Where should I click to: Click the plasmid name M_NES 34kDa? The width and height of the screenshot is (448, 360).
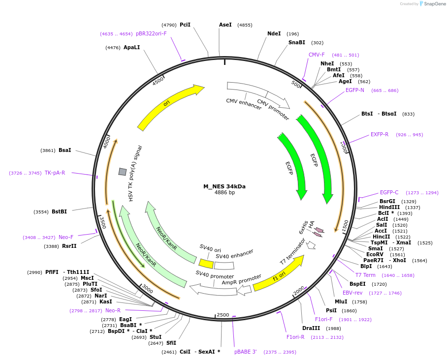[x=224, y=186]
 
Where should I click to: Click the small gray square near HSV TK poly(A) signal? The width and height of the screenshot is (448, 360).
[x=123, y=171]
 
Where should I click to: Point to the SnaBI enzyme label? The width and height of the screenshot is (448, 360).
[x=297, y=42]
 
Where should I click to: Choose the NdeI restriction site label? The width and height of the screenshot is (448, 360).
[x=274, y=33]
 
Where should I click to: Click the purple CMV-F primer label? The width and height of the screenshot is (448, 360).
[x=317, y=55]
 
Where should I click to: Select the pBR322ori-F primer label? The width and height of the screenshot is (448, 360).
[x=151, y=33]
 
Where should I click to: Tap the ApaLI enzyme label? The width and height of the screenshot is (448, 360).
[x=131, y=47]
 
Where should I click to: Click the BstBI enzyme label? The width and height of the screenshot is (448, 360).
[x=59, y=211]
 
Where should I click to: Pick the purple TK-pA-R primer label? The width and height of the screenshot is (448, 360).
[x=55, y=173]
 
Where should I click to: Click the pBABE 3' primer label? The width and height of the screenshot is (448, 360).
[x=245, y=352]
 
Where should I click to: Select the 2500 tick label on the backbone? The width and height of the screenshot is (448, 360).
[x=223, y=315]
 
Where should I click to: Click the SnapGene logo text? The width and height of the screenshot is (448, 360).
[x=435, y=4]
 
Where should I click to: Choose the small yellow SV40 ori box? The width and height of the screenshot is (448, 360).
[x=206, y=264]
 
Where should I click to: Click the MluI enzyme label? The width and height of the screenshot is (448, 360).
[x=341, y=301]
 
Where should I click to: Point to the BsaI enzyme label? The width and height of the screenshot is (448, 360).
[x=64, y=150]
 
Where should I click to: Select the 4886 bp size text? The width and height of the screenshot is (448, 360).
[x=224, y=192]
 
